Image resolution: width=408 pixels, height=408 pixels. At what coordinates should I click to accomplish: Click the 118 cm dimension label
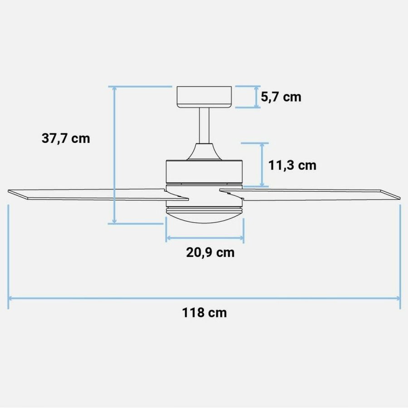204,313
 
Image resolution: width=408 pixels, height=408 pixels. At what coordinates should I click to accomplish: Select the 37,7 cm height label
66,139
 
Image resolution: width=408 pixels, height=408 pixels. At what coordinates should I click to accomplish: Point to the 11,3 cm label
292,165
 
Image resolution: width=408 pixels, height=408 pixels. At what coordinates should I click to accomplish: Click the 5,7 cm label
281,97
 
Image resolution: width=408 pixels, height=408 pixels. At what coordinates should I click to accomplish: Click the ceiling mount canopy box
205,97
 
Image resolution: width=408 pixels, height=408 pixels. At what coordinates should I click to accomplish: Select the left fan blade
91,194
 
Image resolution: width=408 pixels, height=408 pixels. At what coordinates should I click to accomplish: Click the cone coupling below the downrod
204,152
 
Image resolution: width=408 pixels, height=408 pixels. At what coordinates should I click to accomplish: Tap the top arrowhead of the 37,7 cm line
115,89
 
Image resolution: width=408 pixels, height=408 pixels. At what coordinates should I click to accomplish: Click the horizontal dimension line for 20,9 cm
205,238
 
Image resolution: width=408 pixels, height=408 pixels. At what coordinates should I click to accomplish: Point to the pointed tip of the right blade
399,198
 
